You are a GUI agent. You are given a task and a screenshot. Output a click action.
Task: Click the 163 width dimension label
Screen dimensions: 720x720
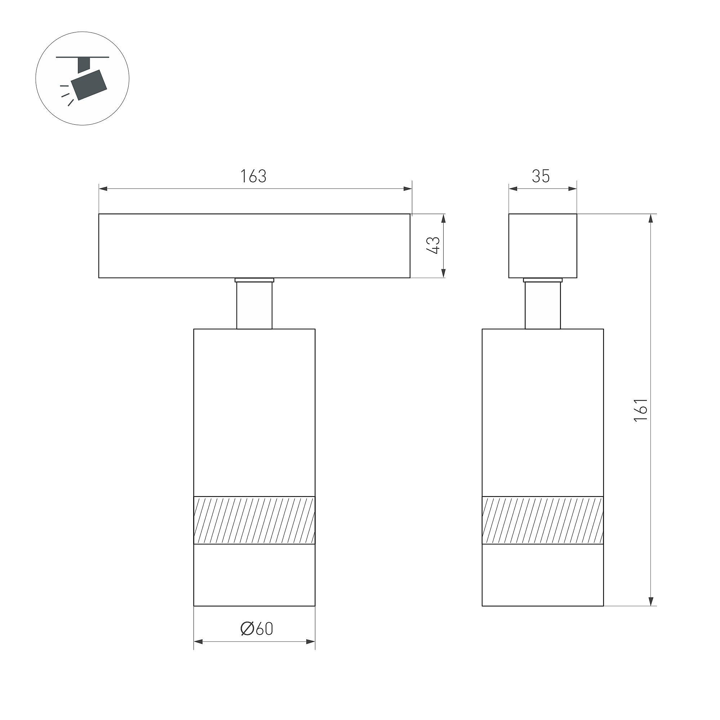(253, 176)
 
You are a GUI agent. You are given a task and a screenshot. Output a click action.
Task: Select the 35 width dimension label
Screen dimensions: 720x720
(541, 176)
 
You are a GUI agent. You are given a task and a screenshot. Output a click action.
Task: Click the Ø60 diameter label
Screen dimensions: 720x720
(257, 629)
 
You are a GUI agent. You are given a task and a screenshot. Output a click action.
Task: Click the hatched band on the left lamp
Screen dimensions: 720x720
(254, 520)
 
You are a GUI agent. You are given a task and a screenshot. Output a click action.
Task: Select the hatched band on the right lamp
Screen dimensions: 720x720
(543, 520)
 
